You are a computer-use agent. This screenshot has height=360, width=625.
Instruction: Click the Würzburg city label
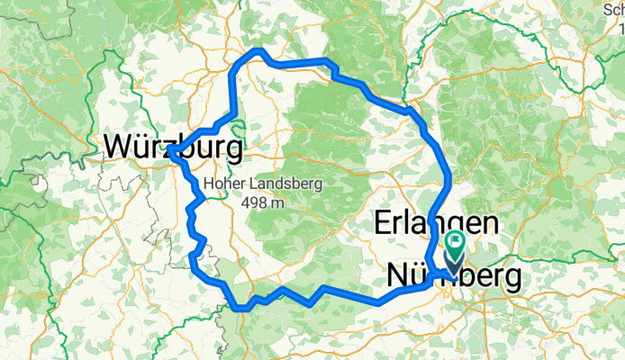pyautogui.click(x=174, y=146)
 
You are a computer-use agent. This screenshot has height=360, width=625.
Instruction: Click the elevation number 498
pyautogui.click(x=255, y=202)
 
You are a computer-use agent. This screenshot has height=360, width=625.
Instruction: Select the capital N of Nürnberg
pyautogui.click(x=398, y=278)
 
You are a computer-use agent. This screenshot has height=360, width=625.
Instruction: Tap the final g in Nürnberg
pyautogui.click(x=511, y=281)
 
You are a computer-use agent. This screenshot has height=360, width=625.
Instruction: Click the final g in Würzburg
pyautogui.click(x=233, y=148)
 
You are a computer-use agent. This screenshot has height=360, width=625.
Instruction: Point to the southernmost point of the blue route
pyautogui.click(x=240, y=309)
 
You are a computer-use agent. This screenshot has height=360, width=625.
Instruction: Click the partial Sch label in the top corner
pyautogui.click(x=613, y=9)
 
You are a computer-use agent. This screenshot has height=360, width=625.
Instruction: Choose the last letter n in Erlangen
pyautogui.click(x=490, y=222)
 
